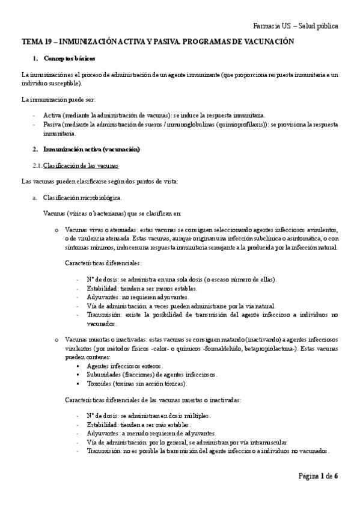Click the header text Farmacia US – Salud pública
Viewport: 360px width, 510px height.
pos(295,26)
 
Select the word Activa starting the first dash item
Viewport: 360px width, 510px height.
pos(52,115)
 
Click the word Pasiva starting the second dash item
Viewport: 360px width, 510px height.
pos(53,124)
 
